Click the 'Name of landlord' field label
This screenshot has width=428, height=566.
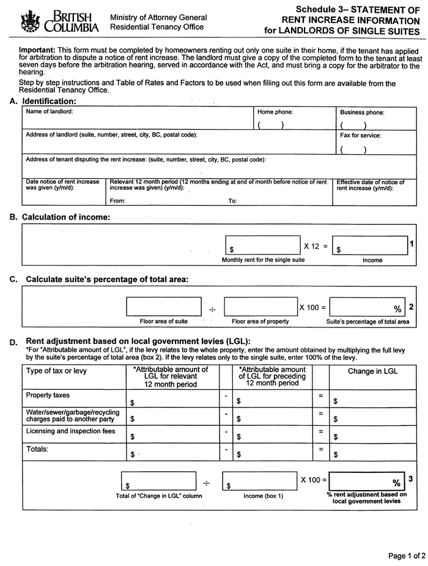click(49, 111)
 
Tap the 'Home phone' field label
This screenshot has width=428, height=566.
click(275, 112)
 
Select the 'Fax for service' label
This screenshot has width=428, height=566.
click(361, 135)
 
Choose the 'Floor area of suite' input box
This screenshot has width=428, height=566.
click(164, 307)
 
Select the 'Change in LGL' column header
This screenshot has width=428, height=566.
click(372, 370)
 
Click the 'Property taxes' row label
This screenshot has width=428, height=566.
click(48, 395)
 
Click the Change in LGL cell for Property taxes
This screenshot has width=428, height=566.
click(372, 399)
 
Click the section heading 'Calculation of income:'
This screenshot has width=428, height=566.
click(66, 217)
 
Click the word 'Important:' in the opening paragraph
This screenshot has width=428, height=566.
click(37, 49)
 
